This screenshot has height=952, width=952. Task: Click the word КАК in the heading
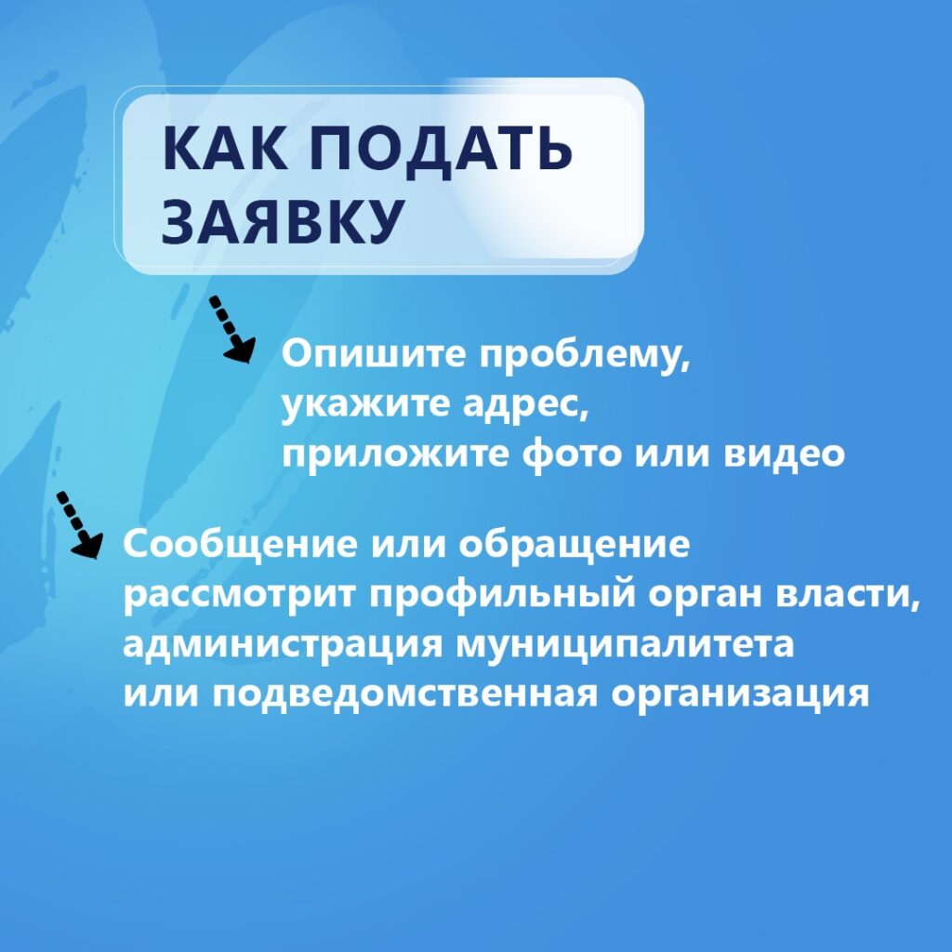[x=225, y=148]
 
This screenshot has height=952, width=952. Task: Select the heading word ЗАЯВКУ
[x=283, y=221]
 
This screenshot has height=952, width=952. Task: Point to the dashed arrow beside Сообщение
[x=79, y=524]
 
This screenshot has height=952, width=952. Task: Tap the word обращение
[x=574, y=545]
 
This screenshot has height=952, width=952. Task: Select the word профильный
[x=503, y=596]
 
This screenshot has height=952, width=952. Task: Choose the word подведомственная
[x=405, y=695]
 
